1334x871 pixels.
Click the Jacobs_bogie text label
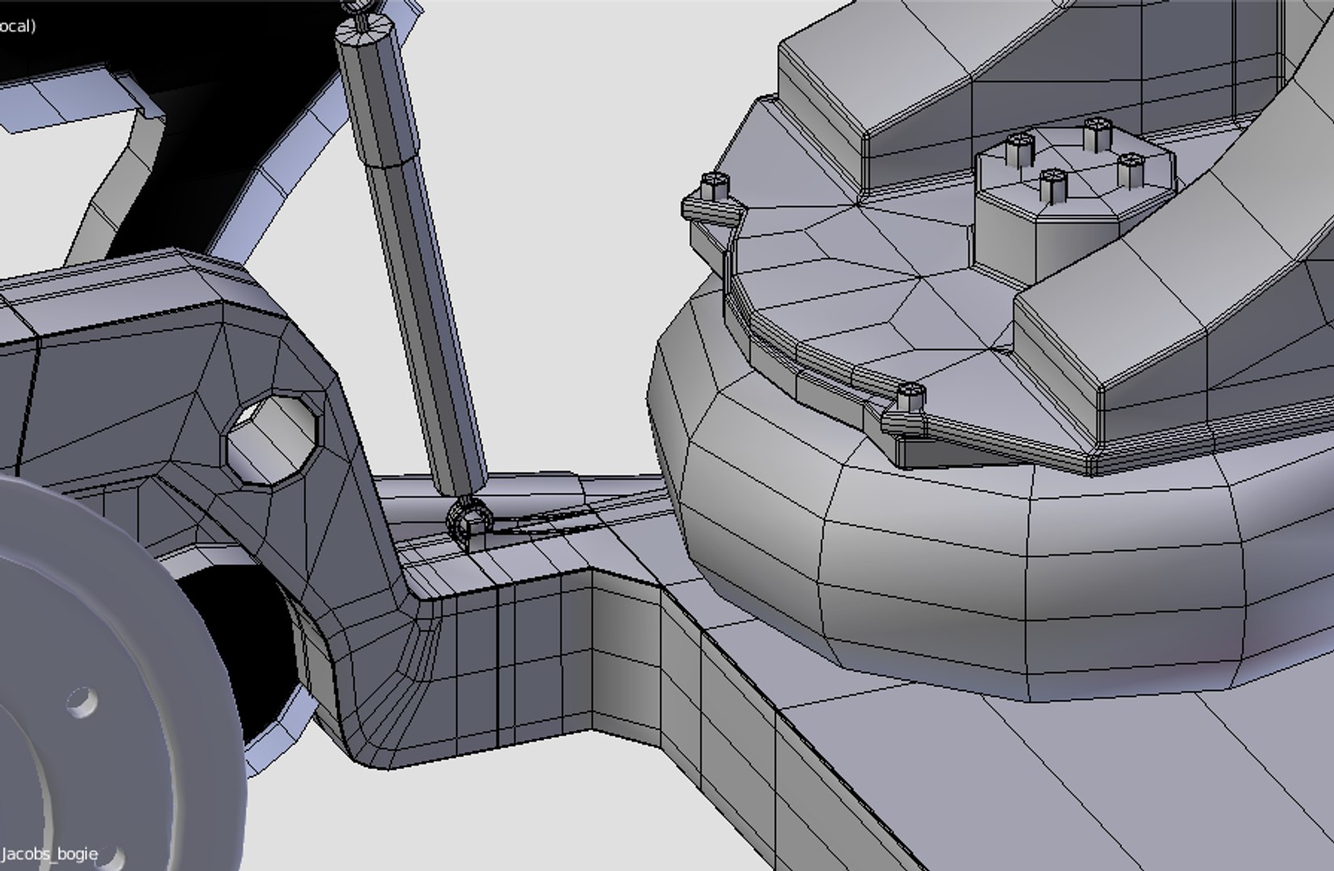point(50,853)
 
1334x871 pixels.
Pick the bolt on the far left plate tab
point(715,187)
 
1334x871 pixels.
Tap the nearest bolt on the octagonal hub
point(1053,185)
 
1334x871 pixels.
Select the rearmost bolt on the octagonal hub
point(1097,133)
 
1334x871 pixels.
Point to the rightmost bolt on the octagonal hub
point(1131,169)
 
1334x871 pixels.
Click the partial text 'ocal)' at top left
point(18,26)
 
